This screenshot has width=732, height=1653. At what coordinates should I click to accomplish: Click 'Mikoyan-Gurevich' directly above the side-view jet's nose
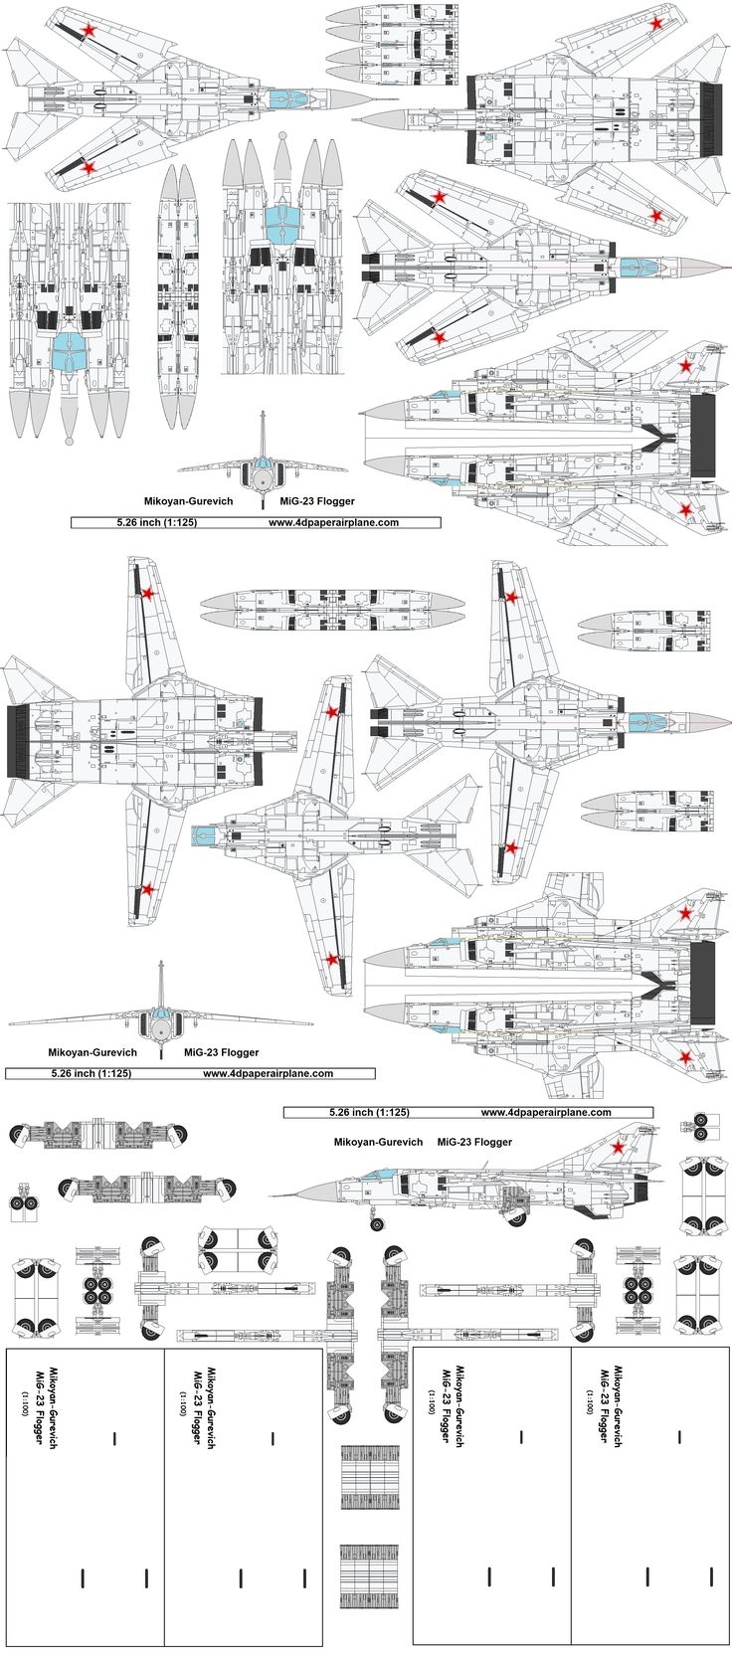(378, 1143)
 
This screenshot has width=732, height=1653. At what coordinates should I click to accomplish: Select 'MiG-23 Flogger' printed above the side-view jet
(474, 1143)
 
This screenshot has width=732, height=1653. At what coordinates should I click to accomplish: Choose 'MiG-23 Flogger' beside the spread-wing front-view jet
(221, 1051)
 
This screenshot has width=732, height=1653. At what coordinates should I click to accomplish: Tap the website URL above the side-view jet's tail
(546, 1112)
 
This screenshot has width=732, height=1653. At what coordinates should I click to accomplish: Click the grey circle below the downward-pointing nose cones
(69, 439)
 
